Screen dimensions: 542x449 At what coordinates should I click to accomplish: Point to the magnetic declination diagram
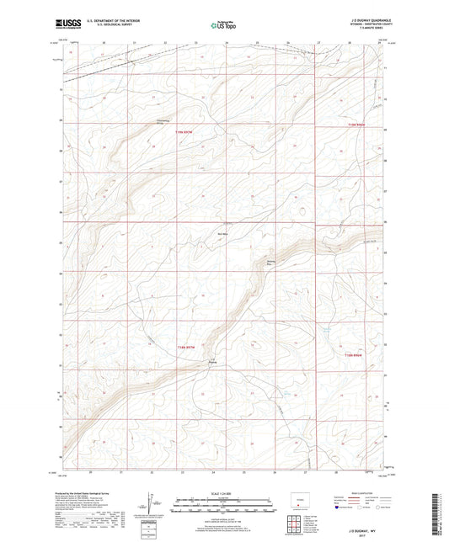coord(150,504)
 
